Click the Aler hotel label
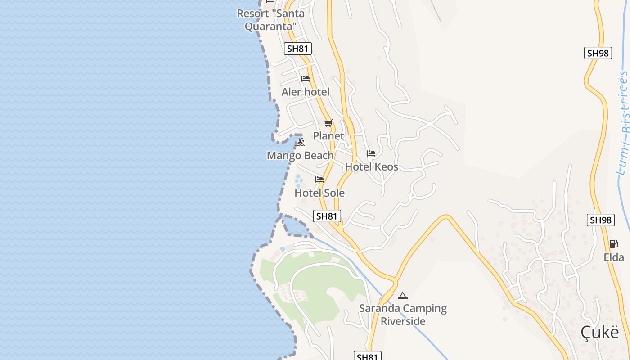(x=306, y=92)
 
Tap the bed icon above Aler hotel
(x=306, y=79)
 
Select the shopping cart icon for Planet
(x=328, y=123)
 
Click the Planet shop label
(x=328, y=136)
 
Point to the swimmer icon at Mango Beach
(x=301, y=143)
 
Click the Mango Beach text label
(x=300, y=156)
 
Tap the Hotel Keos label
(x=371, y=167)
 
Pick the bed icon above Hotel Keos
(x=371, y=153)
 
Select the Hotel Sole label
(x=319, y=193)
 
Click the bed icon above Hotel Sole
(x=319, y=180)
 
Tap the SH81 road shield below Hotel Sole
(x=327, y=216)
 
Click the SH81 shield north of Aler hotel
(x=298, y=49)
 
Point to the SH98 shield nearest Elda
(x=601, y=220)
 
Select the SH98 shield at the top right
(x=598, y=53)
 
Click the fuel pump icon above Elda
(x=613, y=244)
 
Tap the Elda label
(x=614, y=257)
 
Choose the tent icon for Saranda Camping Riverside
(x=403, y=296)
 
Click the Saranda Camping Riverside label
(x=403, y=315)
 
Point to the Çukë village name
(x=599, y=333)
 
